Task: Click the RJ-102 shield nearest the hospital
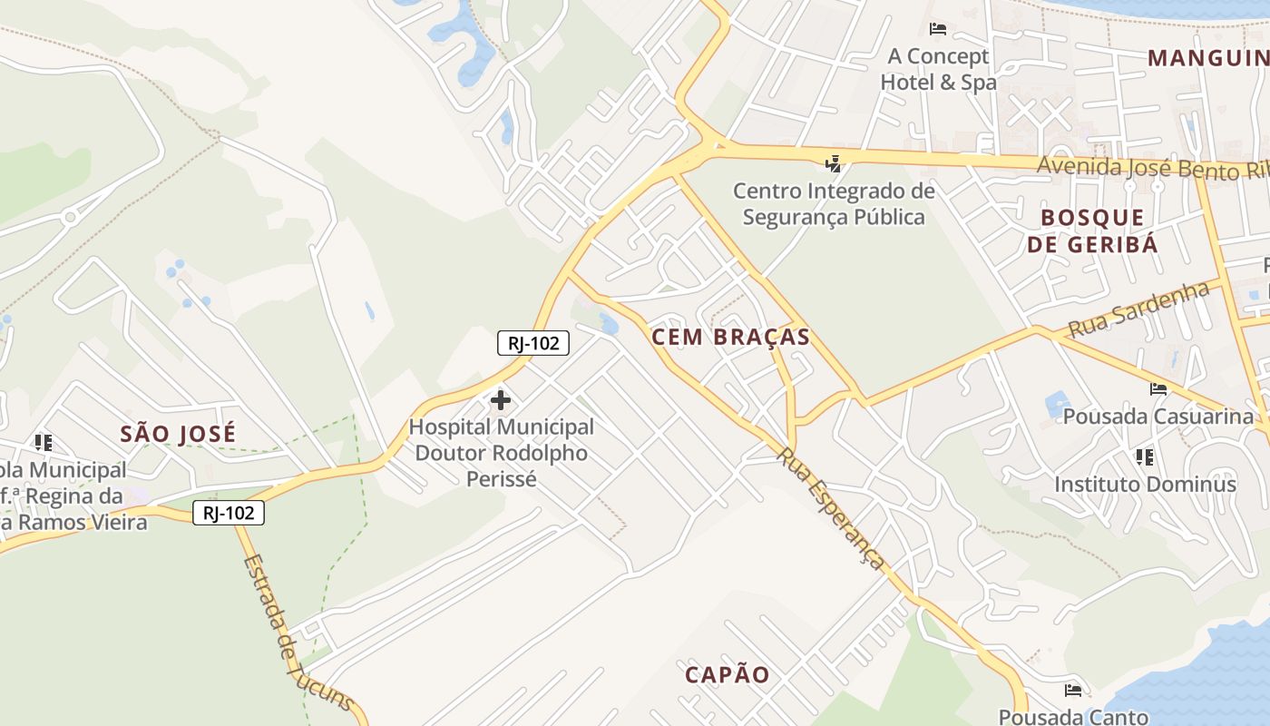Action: click(533, 342)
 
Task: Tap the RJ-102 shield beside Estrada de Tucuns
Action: click(229, 513)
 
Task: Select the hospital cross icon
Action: click(500, 399)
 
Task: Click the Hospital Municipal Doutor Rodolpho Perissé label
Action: click(502, 452)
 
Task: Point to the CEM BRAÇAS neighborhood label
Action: click(730, 337)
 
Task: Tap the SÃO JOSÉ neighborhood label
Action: click(178, 434)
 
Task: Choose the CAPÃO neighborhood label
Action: click(727, 674)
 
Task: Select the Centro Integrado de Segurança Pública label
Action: click(834, 204)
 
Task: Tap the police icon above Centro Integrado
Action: click(833, 164)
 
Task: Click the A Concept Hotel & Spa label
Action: click(938, 69)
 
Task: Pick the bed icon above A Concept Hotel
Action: click(938, 29)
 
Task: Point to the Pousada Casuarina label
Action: click(1158, 417)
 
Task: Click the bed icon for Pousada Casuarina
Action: click(1158, 389)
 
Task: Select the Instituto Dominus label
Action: click(1145, 484)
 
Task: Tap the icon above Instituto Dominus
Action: click(1144, 456)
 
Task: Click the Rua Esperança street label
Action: click(830, 508)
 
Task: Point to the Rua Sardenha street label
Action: click(1138, 309)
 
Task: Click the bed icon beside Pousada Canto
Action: click(1073, 690)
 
